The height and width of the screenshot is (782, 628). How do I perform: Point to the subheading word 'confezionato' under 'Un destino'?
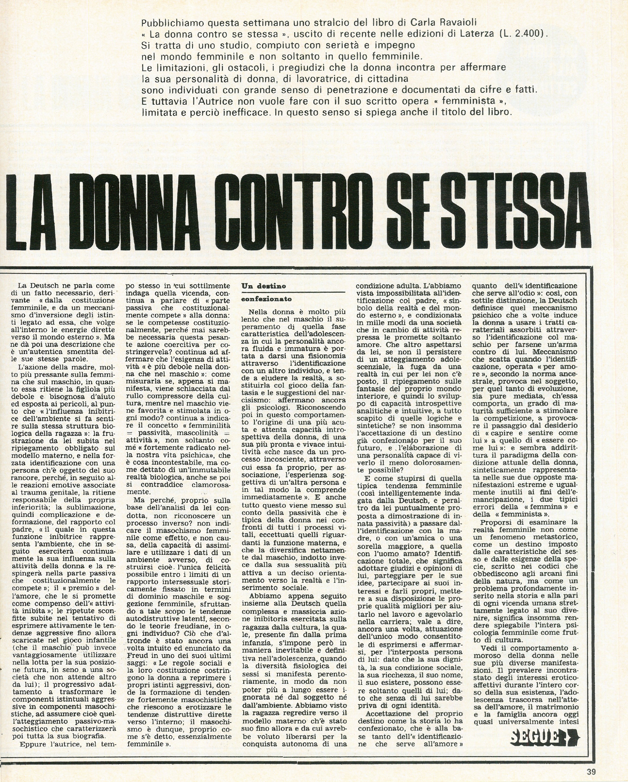point(267,300)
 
